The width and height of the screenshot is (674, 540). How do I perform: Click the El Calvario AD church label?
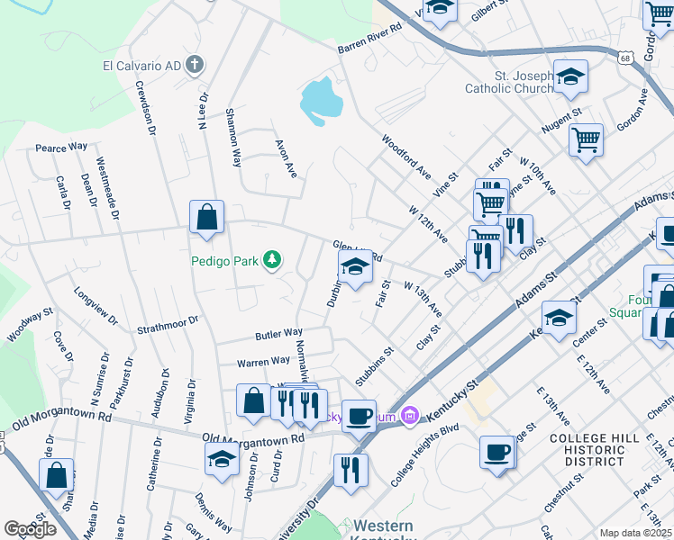(141, 65)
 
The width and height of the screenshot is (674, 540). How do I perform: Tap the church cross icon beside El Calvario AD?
(194, 65)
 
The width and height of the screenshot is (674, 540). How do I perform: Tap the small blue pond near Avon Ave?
(321, 100)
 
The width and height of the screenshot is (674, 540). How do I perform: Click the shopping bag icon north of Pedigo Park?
(206, 218)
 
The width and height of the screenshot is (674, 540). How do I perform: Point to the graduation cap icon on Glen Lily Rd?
(354, 267)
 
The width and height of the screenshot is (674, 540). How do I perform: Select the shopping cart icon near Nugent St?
(586, 140)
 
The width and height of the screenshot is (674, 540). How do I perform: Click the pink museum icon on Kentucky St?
(410, 415)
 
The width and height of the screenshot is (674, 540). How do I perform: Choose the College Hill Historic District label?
(588, 449)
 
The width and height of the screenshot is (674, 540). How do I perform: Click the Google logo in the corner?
(30, 529)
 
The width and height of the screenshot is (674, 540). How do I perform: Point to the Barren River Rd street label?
(369, 41)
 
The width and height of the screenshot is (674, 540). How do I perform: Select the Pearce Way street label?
(61, 147)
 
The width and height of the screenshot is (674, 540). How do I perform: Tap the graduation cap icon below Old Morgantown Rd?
(222, 460)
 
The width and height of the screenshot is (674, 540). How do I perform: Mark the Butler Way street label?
(278, 334)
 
